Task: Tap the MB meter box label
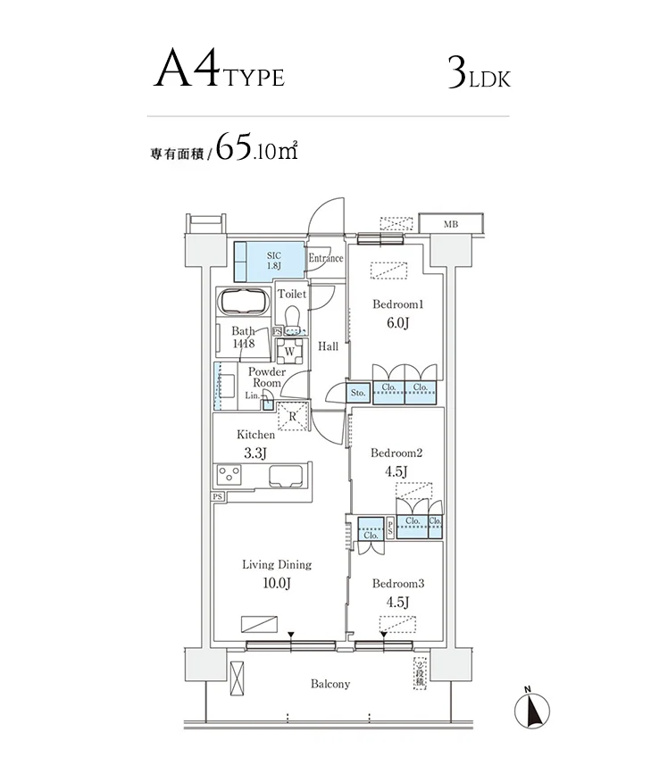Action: coord(450,224)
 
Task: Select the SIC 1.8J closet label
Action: coord(274,261)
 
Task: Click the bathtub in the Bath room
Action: coord(245,301)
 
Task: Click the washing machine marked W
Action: coord(289,351)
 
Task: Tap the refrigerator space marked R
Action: coord(293,416)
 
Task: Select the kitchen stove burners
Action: coord(229,474)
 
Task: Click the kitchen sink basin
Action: coord(287,476)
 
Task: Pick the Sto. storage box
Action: coord(358,393)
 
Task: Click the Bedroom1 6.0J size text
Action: coord(398,323)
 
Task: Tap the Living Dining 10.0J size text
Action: coord(277,583)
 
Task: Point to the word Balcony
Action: coord(330,684)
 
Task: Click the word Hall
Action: coord(328,346)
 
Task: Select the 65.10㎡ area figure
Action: coord(256,146)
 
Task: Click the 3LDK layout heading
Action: coord(479,73)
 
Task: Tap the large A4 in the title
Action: coord(187,68)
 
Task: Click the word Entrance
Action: coord(326,258)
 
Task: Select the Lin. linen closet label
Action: coord(252,395)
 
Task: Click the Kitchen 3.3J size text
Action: coord(255,453)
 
